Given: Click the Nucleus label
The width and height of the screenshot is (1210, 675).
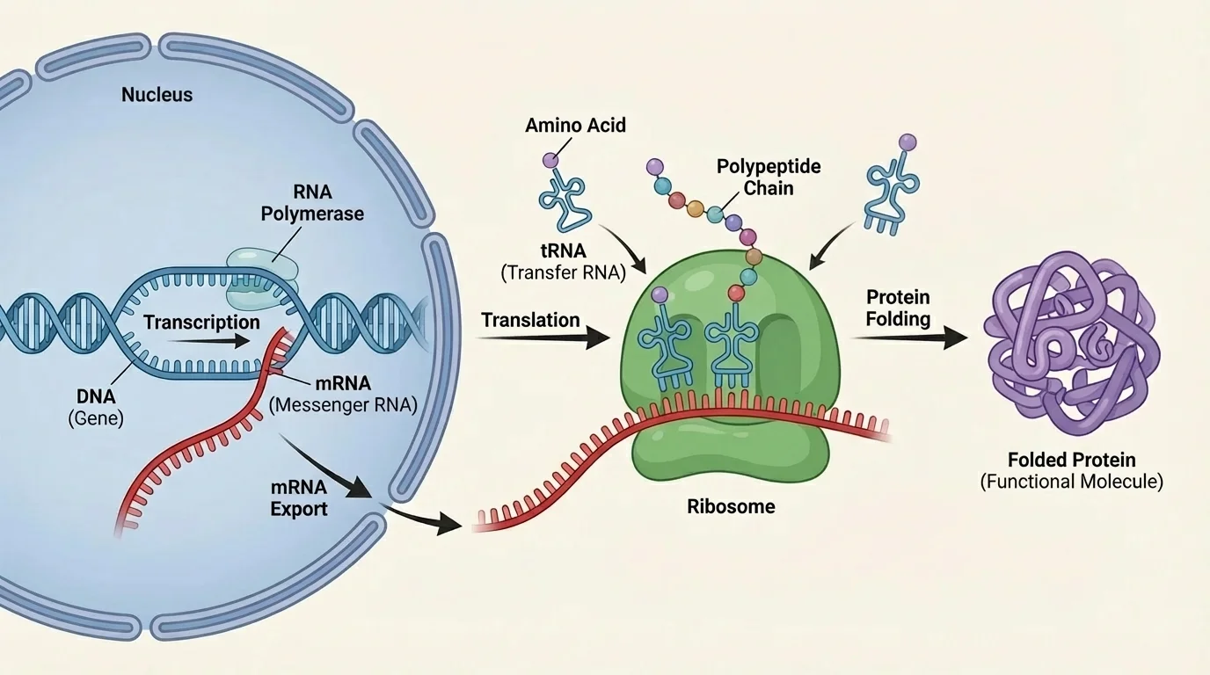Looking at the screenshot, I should pyautogui.click(x=157, y=95).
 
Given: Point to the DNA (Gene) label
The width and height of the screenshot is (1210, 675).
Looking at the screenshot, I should pyautogui.click(x=96, y=409).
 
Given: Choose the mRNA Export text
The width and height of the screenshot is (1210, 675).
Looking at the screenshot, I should pyautogui.click(x=299, y=497).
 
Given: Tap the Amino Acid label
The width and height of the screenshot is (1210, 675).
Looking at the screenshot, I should pyautogui.click(x=575, y=125).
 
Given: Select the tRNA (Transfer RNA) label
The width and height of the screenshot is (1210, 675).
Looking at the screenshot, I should pyautogui.click(x=563, y=260).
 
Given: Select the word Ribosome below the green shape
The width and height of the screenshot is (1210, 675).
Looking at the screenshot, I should pyautogui.click(x=731, y=506).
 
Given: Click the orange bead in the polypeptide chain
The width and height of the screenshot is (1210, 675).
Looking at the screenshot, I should pyautogui.click(x=695, y=209).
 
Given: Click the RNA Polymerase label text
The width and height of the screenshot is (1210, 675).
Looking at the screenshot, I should pyautogui.click(x=311, y=202).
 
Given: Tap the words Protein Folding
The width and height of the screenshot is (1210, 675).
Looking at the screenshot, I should pyautogui.click(x=898, y=308).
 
